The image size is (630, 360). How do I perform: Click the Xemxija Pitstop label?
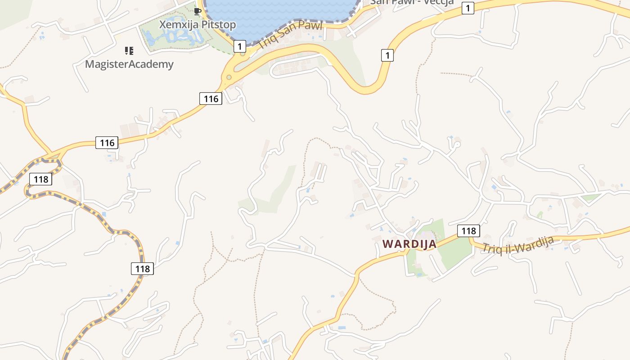pyautogui.click(x=197, y=25)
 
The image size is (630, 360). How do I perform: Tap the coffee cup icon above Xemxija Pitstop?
pyautogui.click(x=197, y=11)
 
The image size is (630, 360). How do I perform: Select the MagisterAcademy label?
pyautogui.click(x=129, y=64)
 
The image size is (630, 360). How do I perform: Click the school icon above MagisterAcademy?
pyautogui.click(x=129, y=50)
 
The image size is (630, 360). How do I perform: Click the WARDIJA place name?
pyautogui.click(x=409, y=244)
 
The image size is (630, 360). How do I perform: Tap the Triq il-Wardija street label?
pyautogui.click(x=517, y=245)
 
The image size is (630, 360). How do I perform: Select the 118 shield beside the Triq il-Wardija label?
pyautogui.click(x=468, y=231)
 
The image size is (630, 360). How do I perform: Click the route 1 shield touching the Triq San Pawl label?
pyautogui.click(x=240, y=45)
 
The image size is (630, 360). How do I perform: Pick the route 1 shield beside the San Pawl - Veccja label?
pyautogui.click(x=468, y=8)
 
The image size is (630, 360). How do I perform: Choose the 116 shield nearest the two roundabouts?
pyautogui.click(x=211, y=98)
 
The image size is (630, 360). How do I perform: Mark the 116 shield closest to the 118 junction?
pyautogui.click(x=107, y=143)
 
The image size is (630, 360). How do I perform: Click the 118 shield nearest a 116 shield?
pyautogui.click(x=40, y=179)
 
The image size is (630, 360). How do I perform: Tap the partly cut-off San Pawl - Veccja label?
pyautogui.click(x=411, y=2)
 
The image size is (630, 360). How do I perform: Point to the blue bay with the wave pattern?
pyautogui.click(x=279, y=11)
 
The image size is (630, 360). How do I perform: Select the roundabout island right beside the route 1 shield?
pyautogui.click(x=243, y=54)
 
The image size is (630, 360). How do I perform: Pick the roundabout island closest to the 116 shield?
pyautogui.click(x=229, y=77)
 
